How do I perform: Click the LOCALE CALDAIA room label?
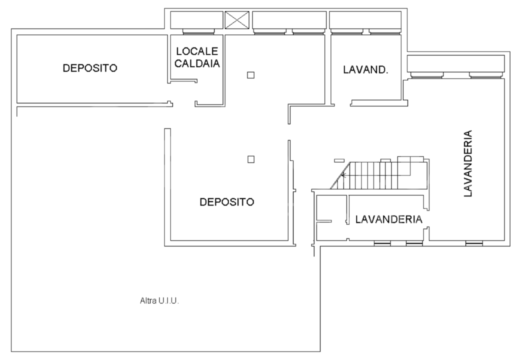(x=197, y=57)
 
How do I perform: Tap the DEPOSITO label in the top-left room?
(x=90, y=68)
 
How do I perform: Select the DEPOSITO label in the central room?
(x=227, y=202)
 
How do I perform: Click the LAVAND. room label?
(x=365, y=70)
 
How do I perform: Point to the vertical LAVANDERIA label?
(x=468, y=164)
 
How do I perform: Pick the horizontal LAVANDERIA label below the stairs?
(x=389, y=219)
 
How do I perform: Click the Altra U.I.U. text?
(x=159, y=301)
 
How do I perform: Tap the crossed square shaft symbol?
(x=237, y=20)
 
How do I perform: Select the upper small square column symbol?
(x=251, y=75)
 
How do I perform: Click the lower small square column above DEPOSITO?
(x=251, y=159)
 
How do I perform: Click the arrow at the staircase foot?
(x=343, y=175)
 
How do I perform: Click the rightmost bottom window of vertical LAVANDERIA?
(x=474, y=243)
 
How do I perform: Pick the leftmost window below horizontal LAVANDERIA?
(x=382, y=243)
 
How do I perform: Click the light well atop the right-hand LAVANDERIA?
(x=455, y=63)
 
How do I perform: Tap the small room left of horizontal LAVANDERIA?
(x=330, y=217)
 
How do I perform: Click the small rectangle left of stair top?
(x=339, y=160)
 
